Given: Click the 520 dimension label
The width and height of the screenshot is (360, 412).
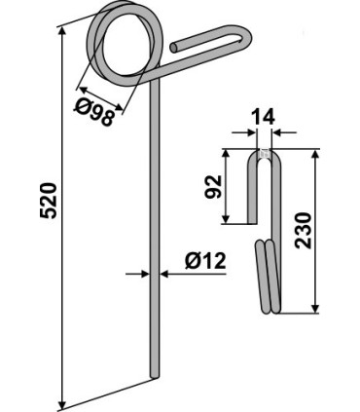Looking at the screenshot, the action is click(49, 201).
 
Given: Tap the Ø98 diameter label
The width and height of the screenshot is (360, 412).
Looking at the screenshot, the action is click(93, 112).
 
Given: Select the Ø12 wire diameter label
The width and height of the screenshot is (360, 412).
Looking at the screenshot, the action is click(205, 261).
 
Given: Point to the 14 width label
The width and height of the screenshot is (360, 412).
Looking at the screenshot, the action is click(264, 117).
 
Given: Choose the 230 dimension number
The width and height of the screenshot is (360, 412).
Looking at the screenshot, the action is click(304, 231).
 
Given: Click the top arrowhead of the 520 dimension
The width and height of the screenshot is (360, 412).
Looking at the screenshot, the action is click(62, 31).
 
